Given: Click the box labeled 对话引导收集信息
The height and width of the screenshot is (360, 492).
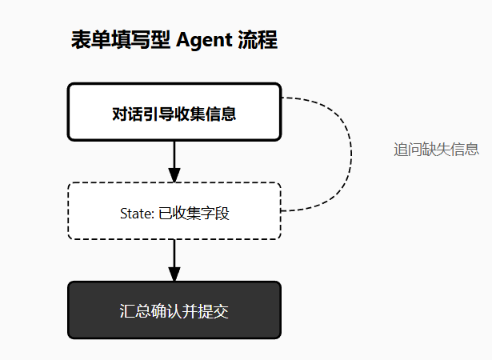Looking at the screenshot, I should pyautogui.click(x=174, y=112).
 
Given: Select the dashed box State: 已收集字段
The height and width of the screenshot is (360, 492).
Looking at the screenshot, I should pyautogui.click(x=174, y=211).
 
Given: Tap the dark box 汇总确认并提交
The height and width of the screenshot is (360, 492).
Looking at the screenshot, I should pyautogui.click(x=174, y=310).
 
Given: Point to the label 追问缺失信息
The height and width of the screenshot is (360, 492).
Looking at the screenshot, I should pyautogui.click(x=436, y=149).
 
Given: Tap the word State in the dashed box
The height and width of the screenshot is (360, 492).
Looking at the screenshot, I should pyautogui.click(x=132, y=214).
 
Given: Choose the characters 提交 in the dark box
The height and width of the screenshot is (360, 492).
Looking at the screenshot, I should pyautogui.click(x=214, y=311).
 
